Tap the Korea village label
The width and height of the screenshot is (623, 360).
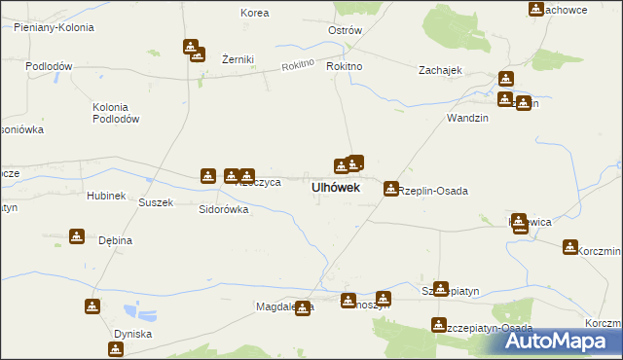coord(254,14)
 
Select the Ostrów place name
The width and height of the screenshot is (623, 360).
coord(345,30)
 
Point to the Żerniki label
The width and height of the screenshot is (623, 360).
coord(238,59)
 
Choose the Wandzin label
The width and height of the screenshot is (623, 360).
coord(466,118)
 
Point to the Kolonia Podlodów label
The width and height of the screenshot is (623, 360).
coord(116,112)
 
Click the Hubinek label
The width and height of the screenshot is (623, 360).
coord(106,196)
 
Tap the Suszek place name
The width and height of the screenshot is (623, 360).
coord(156,202)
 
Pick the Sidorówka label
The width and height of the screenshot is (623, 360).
coord(224,209)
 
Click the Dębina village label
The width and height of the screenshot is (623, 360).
coord(116,240)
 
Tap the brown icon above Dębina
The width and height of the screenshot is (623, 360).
coord(77,235)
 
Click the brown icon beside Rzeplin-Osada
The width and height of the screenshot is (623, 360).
coord(391,188)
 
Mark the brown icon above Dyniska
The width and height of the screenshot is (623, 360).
coord(92,306)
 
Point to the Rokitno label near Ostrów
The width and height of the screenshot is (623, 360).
coord(345,66)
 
